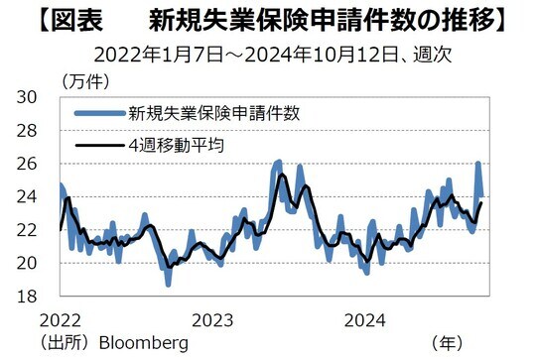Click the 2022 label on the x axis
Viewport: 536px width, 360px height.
pyautogui.click(x=61, y=319)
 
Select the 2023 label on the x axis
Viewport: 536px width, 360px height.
pyautogui.click(x=212, y=319)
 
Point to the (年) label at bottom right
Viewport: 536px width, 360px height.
pyautogui.click(x=448, y=343)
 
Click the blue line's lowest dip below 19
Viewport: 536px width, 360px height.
pyautogui.click(x=168, y=284)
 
